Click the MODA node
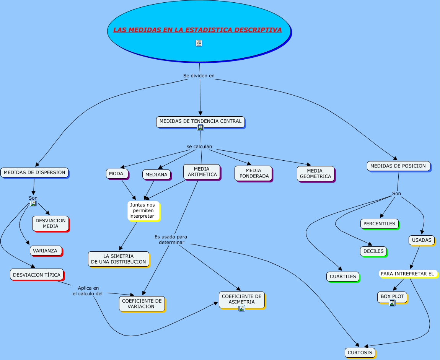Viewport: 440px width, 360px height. tap(117, 174)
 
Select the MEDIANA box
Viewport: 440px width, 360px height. tap(156, 174)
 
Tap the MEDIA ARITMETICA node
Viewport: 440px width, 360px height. tap(202, 172)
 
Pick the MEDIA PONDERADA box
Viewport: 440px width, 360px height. tap(253, 173)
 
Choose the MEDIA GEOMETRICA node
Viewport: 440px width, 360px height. tap(315, 174)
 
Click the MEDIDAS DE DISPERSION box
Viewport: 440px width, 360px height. tap(34, 173)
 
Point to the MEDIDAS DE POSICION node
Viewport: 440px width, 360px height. tap(398, 166)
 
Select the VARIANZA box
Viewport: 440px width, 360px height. tap(46, 251)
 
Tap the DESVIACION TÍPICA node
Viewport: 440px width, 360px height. tap(37, 274)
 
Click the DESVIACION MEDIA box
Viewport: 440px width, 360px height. tap(51, 223)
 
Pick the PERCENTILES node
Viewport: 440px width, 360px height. tap(379, 224)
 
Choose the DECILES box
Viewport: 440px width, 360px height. tap(373, 251)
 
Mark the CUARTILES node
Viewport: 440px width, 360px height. tap(343, 277)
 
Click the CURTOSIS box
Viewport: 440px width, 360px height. tap(360, 353)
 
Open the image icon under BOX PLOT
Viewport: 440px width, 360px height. tap(392, 303)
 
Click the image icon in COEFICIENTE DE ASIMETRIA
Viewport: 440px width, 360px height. tap(242, 308)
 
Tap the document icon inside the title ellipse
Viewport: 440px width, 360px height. tap(199, 43)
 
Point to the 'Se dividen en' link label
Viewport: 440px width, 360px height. tap(199, 76)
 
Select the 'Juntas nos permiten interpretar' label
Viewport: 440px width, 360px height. tap(143, 211)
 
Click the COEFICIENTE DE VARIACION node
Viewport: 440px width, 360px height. tap(142, 304)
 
